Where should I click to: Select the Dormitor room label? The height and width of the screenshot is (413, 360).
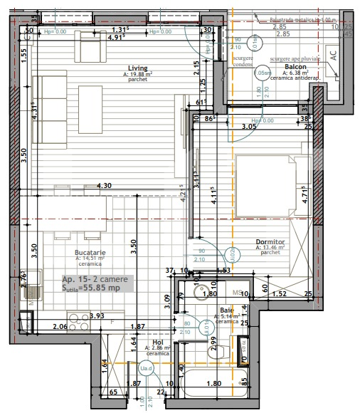click(x=270, y=243)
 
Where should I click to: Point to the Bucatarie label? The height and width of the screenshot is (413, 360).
click(x=90, y=253)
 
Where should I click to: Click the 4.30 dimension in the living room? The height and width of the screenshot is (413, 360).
click(x=104, y=186)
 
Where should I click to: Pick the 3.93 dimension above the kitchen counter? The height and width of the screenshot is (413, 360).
click(x=77, y=315)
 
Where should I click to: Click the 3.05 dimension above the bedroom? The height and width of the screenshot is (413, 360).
click(x=248, y=127)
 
